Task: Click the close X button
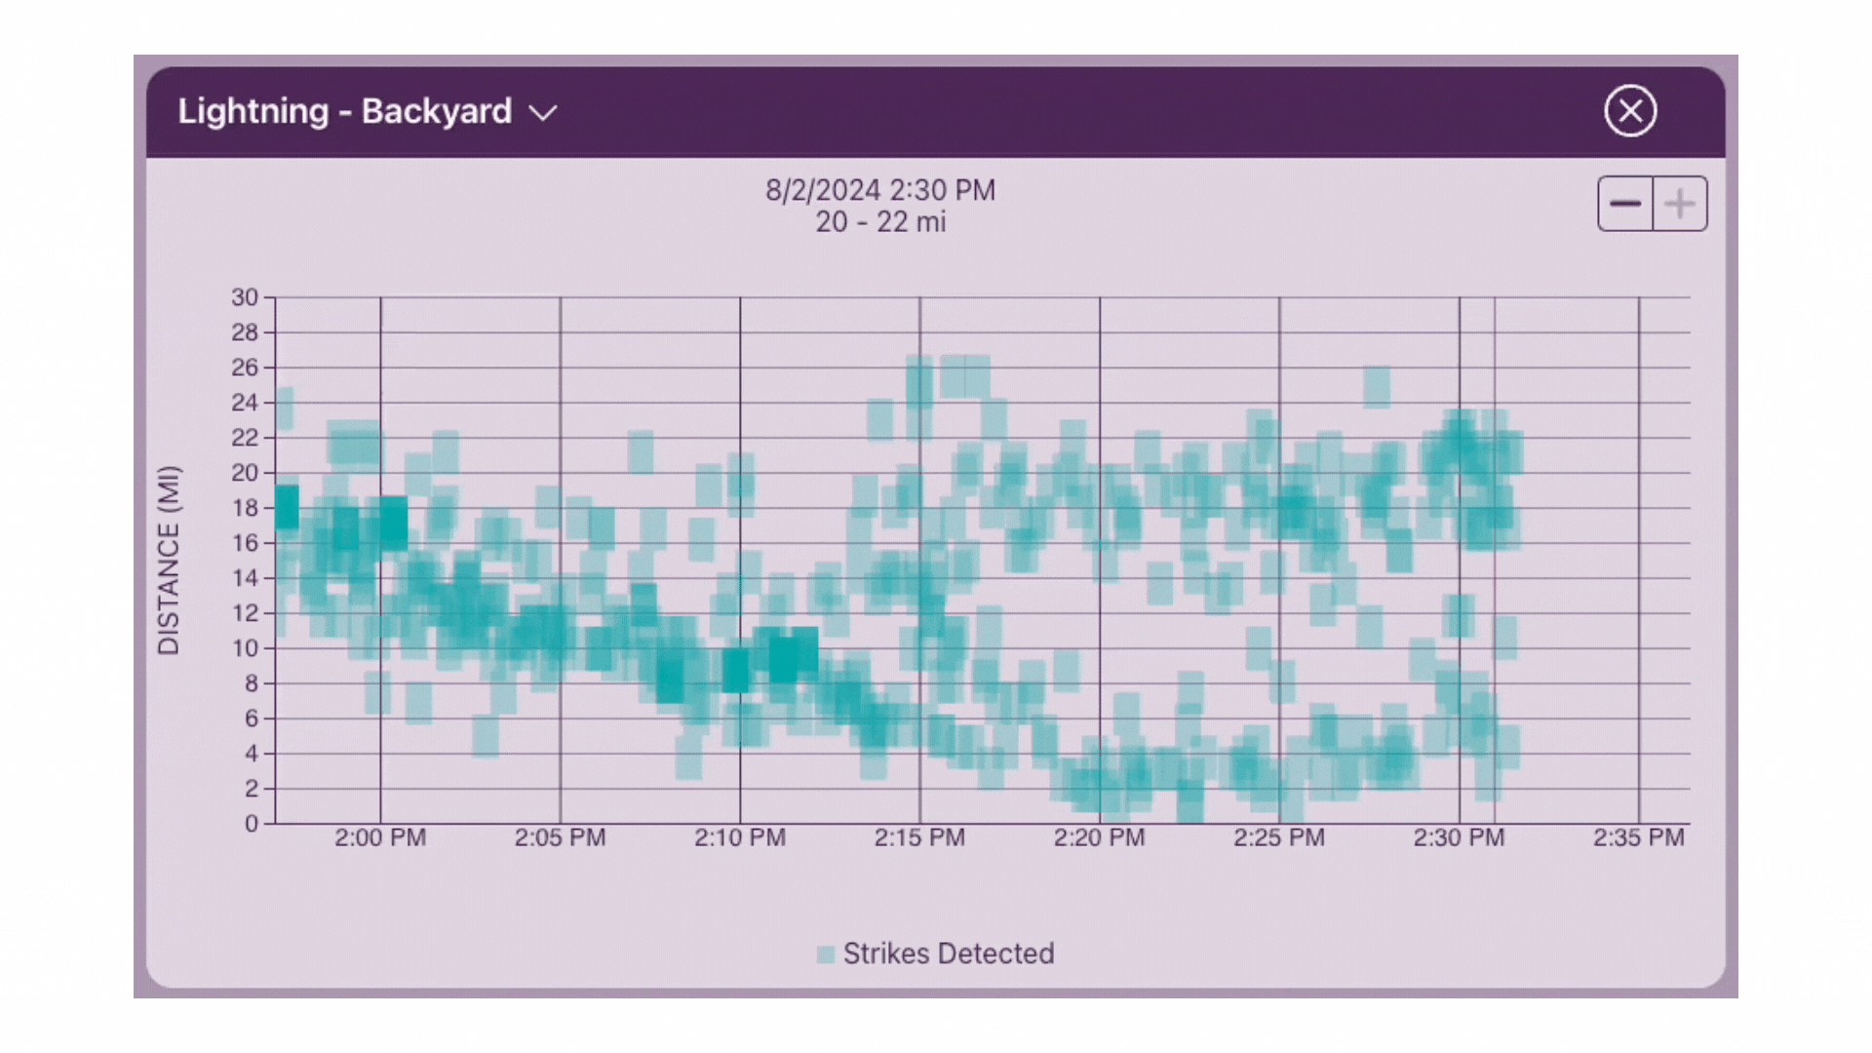click(1630, 111)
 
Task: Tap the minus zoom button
click(1625, 204)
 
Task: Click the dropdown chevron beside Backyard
click(543, 113)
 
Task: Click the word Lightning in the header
click(253, 111)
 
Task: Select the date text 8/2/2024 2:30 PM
click(879, 190)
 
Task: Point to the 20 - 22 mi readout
click(879, 222)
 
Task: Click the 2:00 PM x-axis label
click(380, 838)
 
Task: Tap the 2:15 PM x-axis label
click(919, 838)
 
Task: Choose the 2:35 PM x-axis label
click(1638, 838)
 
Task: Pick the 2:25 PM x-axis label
click(1279, 838)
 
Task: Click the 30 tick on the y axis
click(245, 297)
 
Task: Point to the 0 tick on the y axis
click(252, 824)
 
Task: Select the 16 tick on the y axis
click(245, 543)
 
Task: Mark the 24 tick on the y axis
click(245, 403)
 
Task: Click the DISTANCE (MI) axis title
click(169, 560)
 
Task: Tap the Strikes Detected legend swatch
click(826, 955)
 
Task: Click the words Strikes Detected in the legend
click(949, 954)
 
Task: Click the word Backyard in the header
click(436, 111)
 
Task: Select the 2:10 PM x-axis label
click(740, 838)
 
